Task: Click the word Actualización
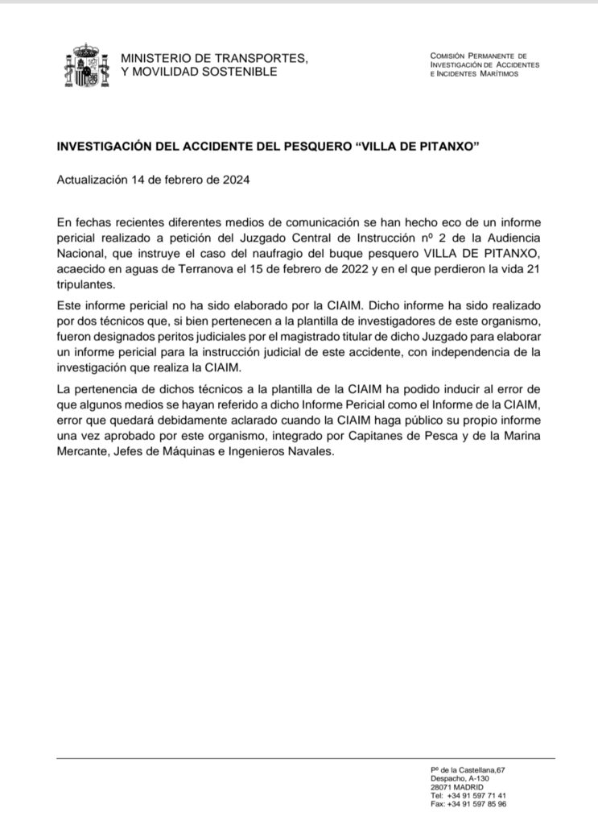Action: click(x=93, y=180)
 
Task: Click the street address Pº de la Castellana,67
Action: click(x=468, y=771)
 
